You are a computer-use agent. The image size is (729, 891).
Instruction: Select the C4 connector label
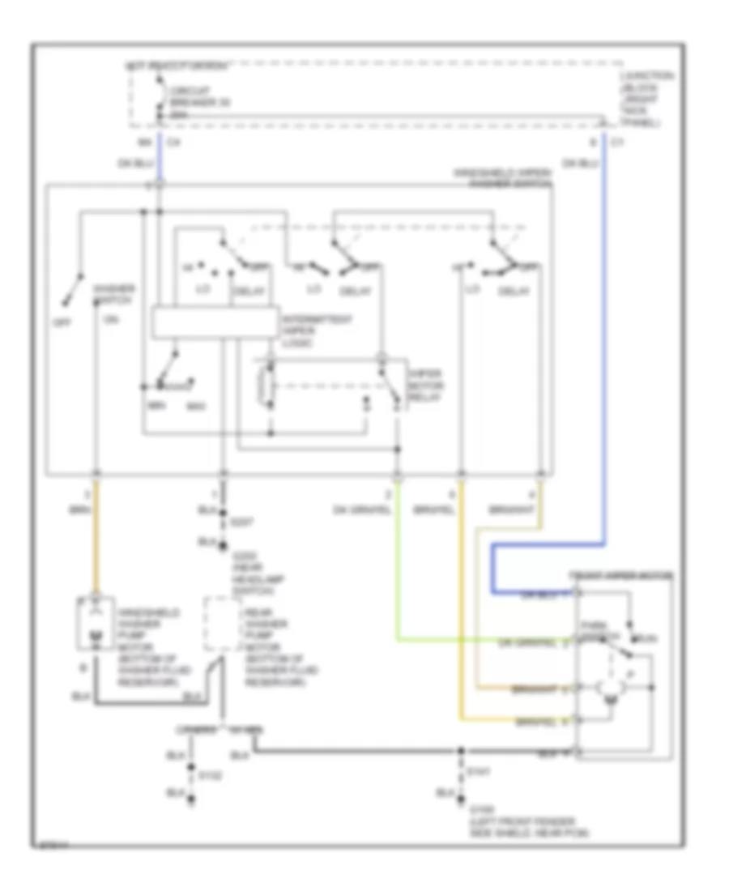(169, 143)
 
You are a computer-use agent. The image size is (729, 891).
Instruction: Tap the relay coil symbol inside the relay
(262, 387)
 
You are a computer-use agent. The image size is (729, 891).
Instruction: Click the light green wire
(397, 567)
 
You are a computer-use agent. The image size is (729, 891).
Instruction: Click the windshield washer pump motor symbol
(96, 625)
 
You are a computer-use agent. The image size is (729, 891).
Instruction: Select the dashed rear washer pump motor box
(218, 625)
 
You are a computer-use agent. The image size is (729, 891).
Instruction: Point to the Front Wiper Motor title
(620, 575)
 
